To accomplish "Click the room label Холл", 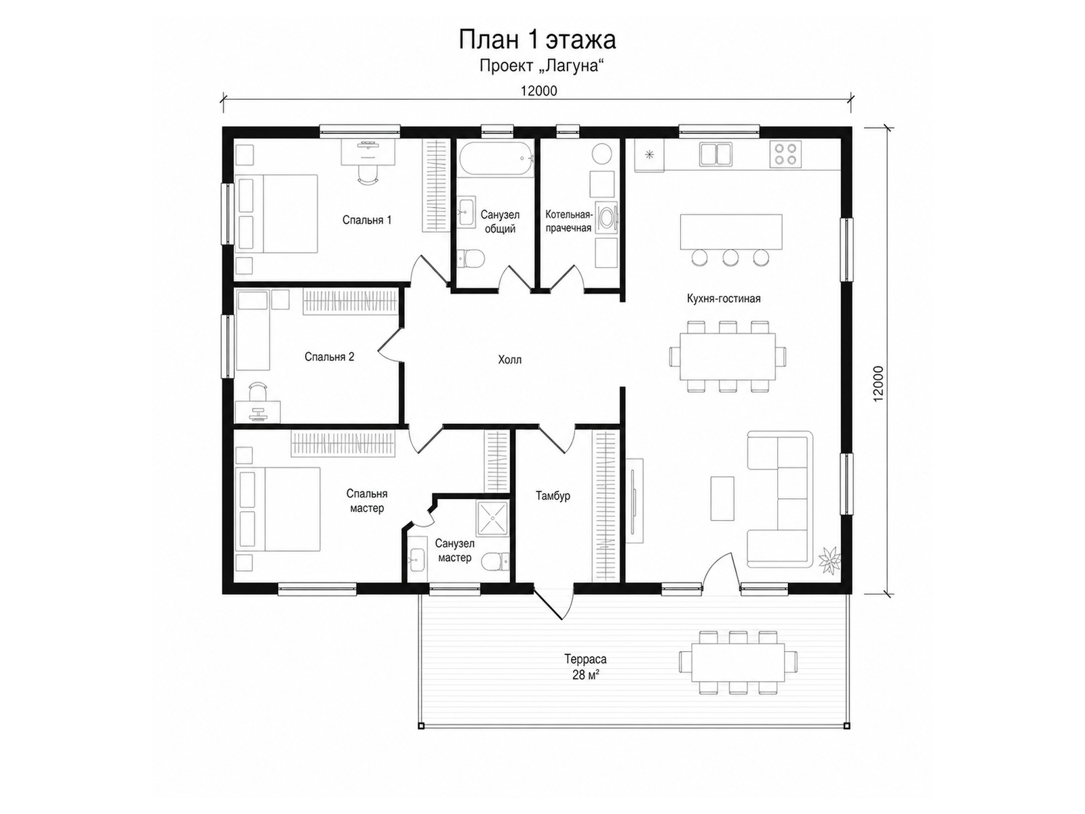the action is coord(509,360).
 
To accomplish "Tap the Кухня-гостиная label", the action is coord(723,298).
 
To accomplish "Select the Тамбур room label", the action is coord(553,496).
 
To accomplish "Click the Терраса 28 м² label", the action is coord(585,667).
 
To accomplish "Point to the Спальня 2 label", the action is coord(329,357).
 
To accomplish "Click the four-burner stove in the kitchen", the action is coord(785,154).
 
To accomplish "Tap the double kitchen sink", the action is coord(715,154).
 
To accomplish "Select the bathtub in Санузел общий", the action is coord(496,159).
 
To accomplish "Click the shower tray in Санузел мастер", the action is coord(492,518).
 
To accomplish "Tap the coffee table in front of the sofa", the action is coord(722,498).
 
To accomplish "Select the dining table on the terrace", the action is coord(737,662).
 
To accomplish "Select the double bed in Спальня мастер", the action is coord(278,509).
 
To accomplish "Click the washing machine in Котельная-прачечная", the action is coord(606,216).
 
